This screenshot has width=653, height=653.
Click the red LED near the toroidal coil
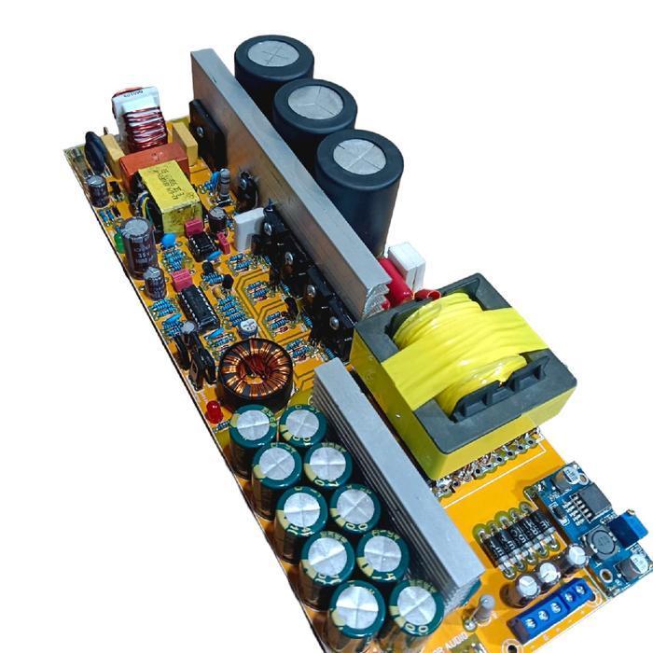[214, 411]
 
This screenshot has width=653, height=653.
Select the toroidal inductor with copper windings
[255, 372]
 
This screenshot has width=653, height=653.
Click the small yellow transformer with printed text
[169, 198]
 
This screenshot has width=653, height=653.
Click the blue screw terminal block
[554, 609]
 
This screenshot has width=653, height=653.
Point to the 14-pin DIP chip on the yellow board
[199, 307]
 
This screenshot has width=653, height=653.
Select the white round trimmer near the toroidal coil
[248, 328]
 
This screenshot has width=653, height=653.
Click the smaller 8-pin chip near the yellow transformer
[201, 245]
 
